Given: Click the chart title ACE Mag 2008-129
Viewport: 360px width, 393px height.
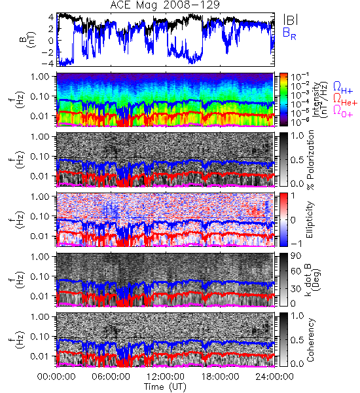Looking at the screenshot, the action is (x=165, y=5).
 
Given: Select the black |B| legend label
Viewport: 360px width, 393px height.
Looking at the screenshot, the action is (x=291, y=20).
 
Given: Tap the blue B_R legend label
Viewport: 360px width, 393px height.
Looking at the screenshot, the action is (x=289, y=33).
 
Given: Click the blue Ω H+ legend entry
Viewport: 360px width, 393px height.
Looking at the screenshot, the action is (x=343, y=88).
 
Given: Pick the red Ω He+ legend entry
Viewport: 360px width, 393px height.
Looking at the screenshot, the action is (x=345, y=100).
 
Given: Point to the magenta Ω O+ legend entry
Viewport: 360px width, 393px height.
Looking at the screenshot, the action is (x=343, y=111).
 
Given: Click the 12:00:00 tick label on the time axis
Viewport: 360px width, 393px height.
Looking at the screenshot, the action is (x=166, y=377).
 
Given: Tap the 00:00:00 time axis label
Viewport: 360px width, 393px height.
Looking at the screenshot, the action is (x=56, y=377).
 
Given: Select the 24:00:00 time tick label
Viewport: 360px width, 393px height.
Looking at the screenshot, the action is (x=274, y=377).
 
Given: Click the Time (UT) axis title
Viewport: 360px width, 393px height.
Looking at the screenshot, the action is (x=165, y=386).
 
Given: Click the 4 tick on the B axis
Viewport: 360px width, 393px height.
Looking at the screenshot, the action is (x=51, y=17).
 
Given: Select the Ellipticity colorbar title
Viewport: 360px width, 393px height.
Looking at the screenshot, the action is (x=310, y=219).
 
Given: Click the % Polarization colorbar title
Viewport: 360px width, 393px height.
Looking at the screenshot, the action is (x=310, y=160).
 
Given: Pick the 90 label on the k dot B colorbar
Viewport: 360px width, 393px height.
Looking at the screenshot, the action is (x=296, y=255).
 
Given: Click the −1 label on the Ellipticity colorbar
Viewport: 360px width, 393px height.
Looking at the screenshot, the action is (x=296, y=244).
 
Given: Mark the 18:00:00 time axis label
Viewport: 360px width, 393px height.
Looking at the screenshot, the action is (x=220, y=377).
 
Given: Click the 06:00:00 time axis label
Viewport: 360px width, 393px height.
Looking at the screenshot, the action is (x=111, y=377).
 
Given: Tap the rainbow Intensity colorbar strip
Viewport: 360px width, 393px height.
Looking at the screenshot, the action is (x=283, y=100).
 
